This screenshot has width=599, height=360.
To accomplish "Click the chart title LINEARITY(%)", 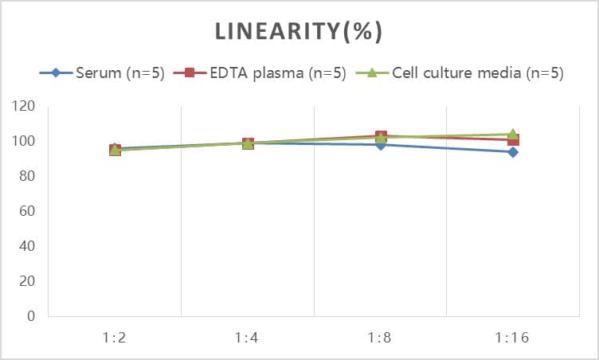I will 299,31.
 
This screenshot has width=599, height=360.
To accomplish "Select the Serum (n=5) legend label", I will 120,73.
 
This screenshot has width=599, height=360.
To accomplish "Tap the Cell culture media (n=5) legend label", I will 478,73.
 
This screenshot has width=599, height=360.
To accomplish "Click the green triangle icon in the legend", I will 372,73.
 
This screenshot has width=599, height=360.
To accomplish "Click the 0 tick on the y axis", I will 31,316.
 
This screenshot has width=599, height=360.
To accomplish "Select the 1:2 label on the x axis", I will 115,337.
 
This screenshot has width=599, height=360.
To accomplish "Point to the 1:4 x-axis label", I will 248,337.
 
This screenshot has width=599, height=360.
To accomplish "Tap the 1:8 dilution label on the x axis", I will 380,337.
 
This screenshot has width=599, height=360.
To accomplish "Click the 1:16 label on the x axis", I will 512,337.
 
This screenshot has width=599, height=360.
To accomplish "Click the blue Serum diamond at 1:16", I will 513,152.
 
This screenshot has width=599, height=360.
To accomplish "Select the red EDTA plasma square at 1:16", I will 514,141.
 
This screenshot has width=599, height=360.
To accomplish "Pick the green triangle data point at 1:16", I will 513,134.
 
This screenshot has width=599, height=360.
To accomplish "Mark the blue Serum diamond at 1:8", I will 381,145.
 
